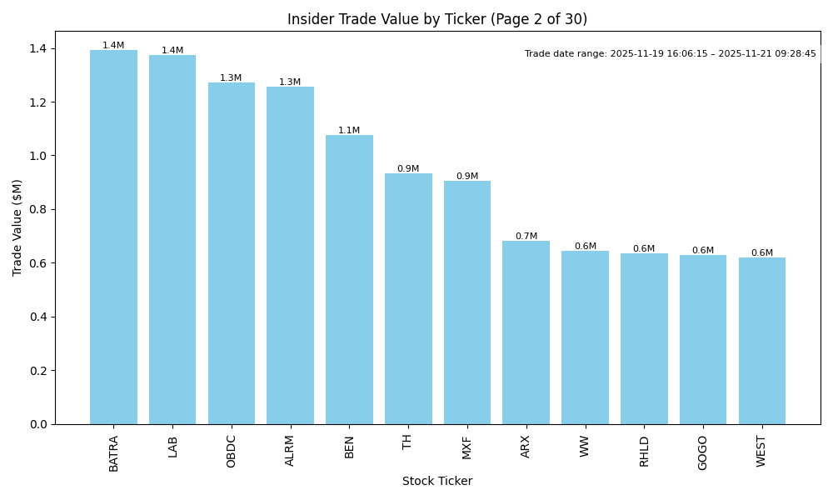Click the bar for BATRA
coord(113,237)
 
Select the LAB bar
coord(172,240)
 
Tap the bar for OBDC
coord(232,253)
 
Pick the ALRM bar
coord(290,256)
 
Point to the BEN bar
coord(349,280)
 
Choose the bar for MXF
coord(467,302)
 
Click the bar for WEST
coord(762,341)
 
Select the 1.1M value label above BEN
coord(349,131)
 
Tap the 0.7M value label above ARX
coord(526,237)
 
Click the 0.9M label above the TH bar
coord(408,169)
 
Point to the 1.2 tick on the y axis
coord(39,102)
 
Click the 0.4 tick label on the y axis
coord(39,317)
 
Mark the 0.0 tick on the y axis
coord(39,424)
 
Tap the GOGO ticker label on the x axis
coord(703,452)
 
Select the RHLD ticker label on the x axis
coord(644,451)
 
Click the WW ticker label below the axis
coord(585,446)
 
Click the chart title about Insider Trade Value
coord(437,19)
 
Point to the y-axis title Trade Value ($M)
coord(17,227)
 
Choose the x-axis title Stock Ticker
coord(437,482)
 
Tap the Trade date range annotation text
coord(671,54)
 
